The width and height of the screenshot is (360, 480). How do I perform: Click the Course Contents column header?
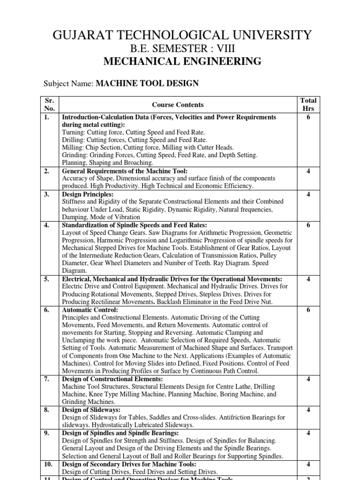tap(178, 105)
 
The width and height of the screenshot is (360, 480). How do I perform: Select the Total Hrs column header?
tap(308, 105)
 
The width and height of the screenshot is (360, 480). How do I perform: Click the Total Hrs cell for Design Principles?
tap(308, 194)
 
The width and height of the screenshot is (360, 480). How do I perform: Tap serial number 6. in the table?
tap(47, 310)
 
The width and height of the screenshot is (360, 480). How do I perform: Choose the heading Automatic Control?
tap(90, 310)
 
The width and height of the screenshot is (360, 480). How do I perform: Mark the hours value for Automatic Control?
tap(308, 310)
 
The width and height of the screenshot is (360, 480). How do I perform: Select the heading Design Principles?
tap(88, 194)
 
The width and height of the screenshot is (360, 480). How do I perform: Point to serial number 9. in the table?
tap(47, 433)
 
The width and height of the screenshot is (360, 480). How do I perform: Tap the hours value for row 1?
tap(308, 117)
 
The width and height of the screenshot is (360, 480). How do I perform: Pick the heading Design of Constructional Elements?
tap(112, 379)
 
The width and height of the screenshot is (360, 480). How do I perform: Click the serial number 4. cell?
tap(47, 225)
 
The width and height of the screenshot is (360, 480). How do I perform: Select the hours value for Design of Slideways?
tap(308, 410)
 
